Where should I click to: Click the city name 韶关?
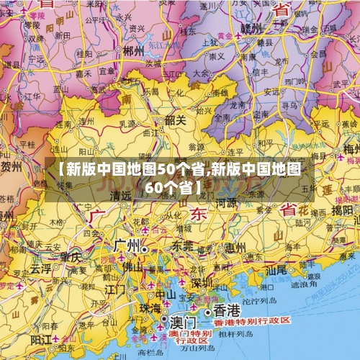175,120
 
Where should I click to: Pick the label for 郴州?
134,50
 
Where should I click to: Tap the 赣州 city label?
252,28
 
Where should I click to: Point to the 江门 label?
114,289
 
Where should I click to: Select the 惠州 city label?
234,248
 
